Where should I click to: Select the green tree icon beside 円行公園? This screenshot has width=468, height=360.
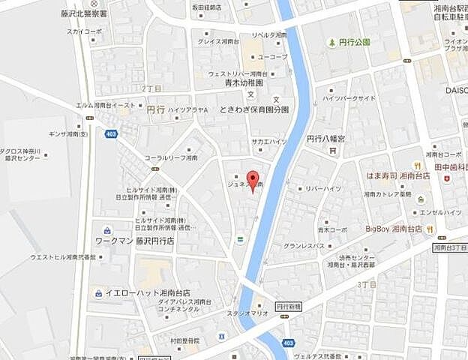pyautogui.click(x=331, y=42)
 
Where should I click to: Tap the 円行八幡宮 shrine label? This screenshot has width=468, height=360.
pyautogui.click(x=325, y=139)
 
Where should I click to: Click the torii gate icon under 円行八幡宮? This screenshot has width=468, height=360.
pyautogui.click(x=330, y=150)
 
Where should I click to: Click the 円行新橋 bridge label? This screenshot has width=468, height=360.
pyautogui.click(x=287, y=306)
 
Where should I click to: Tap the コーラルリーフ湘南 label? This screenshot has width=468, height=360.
pyautogui.click(x=171, y=158)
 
